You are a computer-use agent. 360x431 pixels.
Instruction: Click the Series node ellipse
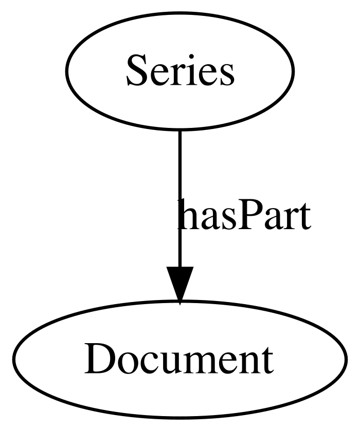pyautogui.click(x=180, y=70)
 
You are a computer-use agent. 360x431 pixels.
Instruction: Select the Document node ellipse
pyautogui.click(x=180, y=360)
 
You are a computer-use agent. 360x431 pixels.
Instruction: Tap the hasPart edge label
pyautogui.click(x=244, y=214)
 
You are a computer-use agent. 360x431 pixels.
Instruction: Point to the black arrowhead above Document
pyautogui.click(x=179, y=285)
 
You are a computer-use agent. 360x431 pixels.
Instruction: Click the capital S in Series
pyautogui.click(x=135, y=70)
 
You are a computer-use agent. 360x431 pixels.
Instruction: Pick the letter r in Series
pyautogui.click(x=173, y=75)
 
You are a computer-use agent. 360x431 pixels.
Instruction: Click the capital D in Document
pyautogui.click(x=99, y=359)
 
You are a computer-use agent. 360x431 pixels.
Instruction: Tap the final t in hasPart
pyautogui.click(x=304, y=216)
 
